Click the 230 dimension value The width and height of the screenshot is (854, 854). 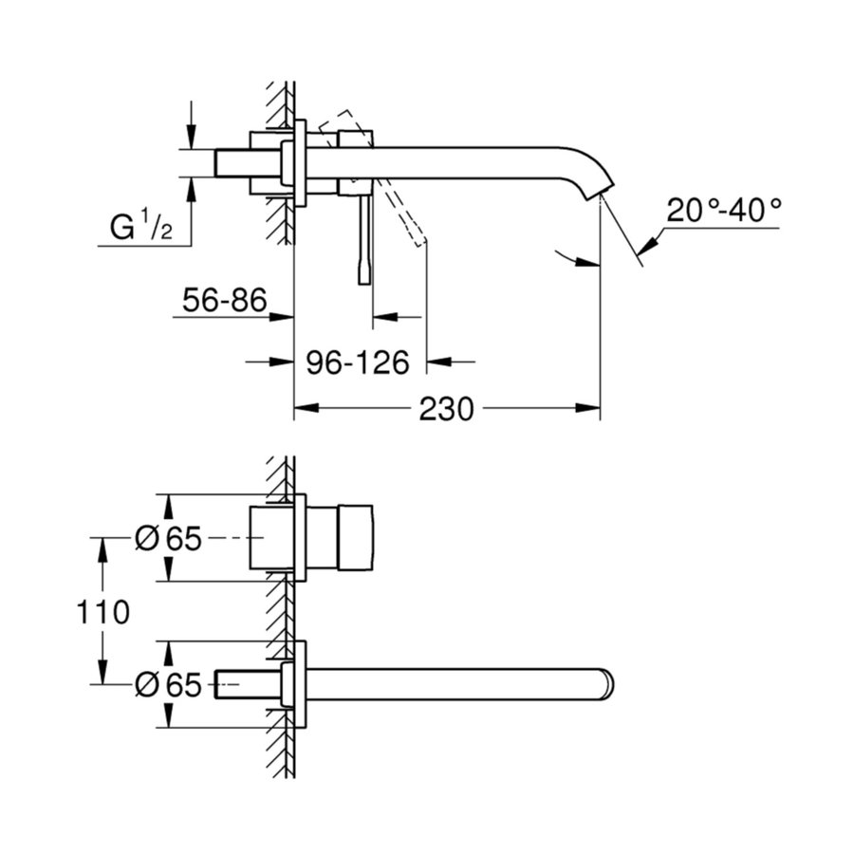(445, 410)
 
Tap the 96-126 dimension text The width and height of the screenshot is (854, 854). (357, 362)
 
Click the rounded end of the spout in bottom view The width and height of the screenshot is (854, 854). (605, 684)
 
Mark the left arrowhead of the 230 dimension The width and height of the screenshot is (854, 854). (302, 410)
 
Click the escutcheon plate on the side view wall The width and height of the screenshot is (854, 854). (301, 162)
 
